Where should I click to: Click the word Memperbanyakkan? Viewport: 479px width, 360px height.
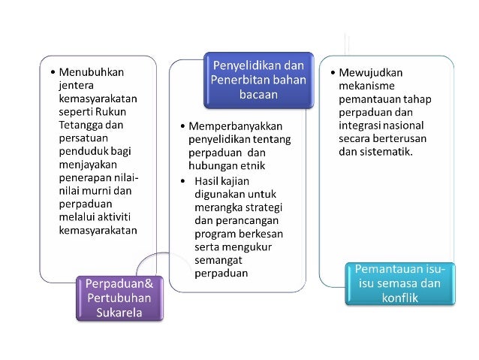[x=235, y=127]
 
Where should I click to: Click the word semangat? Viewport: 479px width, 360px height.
[x=219, y=260]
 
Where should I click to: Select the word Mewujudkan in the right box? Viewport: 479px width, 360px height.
[x=372, y=72]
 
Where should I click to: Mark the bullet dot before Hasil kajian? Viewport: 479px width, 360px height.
[x=185, y=181]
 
